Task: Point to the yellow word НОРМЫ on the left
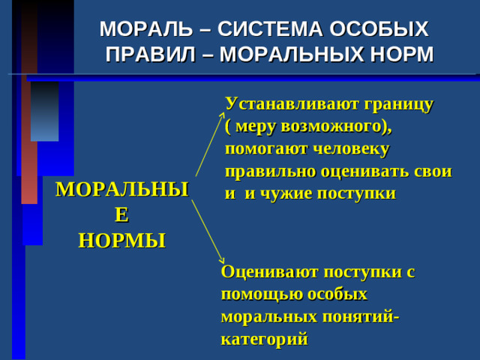point(122,241)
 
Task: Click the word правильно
point(271,170)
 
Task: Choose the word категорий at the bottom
point(264,339)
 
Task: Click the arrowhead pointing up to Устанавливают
point(220,115)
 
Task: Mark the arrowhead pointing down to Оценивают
point(220,259)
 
